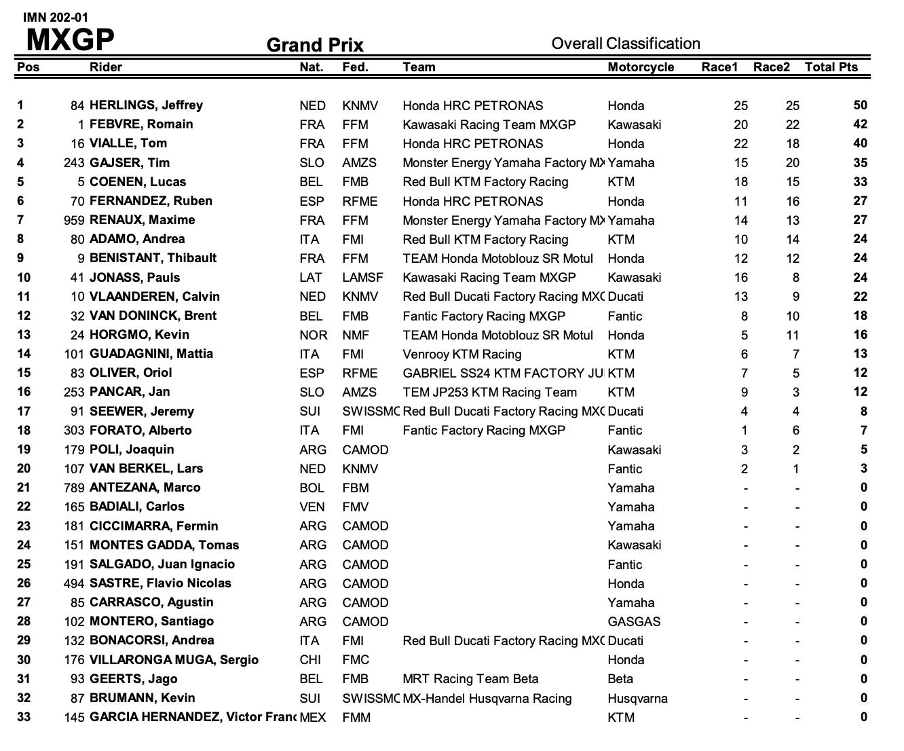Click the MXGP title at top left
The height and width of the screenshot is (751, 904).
(x=70, y=40)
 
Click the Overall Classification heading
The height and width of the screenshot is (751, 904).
(x=625, y=43)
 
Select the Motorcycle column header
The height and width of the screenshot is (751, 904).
(x=641, y=67)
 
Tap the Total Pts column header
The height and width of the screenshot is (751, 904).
(x=831, y=67)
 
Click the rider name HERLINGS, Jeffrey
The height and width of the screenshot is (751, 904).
(x=146, y=105)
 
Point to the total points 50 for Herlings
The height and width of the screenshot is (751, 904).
(x=860, y=105)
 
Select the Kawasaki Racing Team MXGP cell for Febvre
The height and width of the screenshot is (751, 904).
(x=489, y=124)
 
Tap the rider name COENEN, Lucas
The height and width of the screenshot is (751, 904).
(x=138, y=182)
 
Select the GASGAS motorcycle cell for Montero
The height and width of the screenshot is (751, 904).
(x=634, y=621)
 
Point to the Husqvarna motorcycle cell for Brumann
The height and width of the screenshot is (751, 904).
(x=637, y=698)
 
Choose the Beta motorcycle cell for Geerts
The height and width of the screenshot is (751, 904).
(x=620, y=679)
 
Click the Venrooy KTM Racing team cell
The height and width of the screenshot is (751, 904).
(x=462, y=354)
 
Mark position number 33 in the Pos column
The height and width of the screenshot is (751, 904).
(x=24, y=717)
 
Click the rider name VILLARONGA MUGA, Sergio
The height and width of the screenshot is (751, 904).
(x=174, y=660)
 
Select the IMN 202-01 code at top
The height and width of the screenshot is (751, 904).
(x=55, y=17)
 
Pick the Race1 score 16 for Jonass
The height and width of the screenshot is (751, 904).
(x=740, y=277)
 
